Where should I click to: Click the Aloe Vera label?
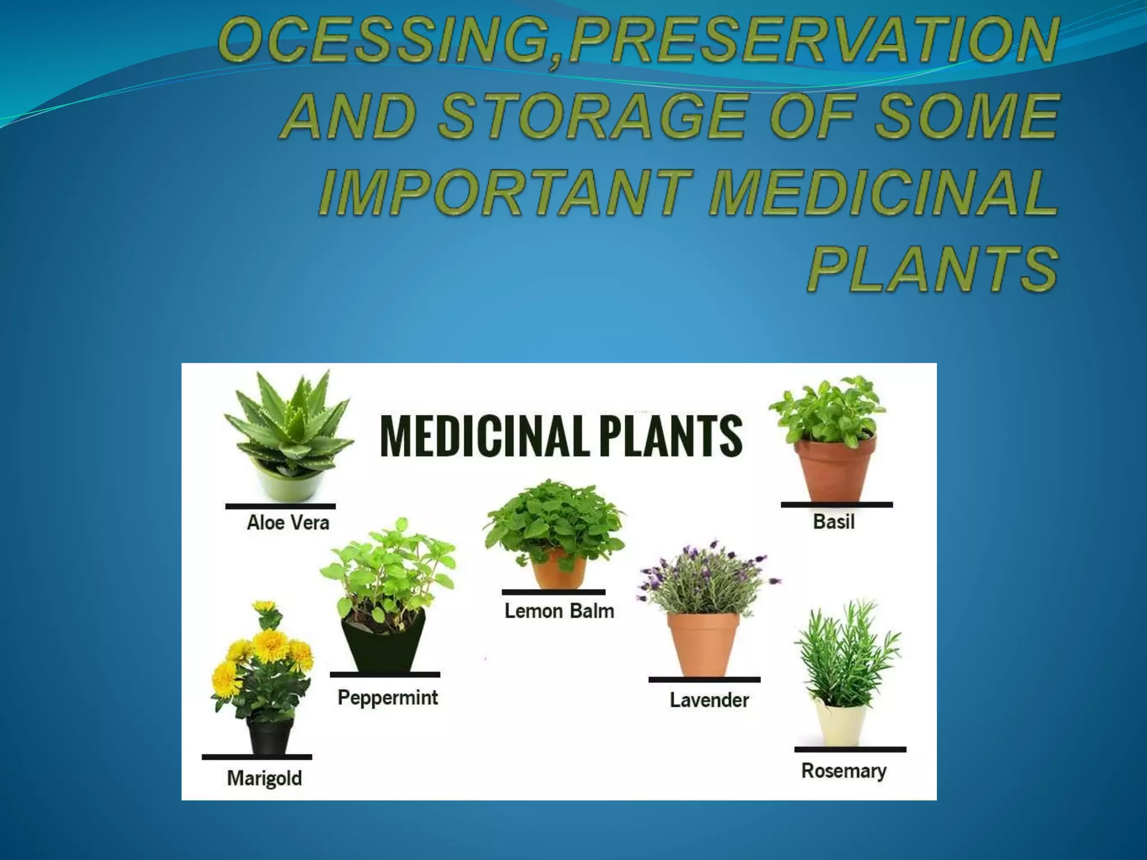288,523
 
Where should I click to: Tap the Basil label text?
833,522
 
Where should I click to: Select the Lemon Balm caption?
559,611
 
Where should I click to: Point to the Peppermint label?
388,698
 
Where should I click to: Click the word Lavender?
709,700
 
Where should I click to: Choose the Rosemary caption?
843,771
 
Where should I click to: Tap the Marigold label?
264,778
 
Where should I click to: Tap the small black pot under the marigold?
270,736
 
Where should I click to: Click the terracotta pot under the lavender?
703,644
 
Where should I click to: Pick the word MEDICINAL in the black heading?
484,436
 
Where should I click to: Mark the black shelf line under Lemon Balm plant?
553,592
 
